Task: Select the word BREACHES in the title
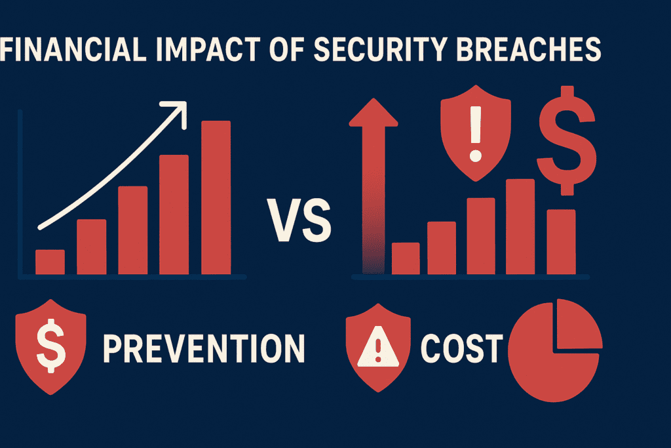click(x=529, y=49)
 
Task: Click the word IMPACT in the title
click(x=208, y=49)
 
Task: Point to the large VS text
click(x=299, y=220)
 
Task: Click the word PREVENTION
click(x=204, y=348)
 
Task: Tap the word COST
click(x=462, y=348)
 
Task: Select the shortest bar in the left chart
click(x=50, y=262)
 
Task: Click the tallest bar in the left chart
click(x=216, y=197)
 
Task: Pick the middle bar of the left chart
click(x=133, y=230)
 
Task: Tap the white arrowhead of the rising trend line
click(x=178, y=110)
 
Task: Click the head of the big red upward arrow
click(x=374, y=112)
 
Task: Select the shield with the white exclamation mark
click(x=476, y=132)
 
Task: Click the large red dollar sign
click(x=567, y=140)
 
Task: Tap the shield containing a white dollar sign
click(x=50, y=347)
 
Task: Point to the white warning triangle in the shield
click(x=378, y=346)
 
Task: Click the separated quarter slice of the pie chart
click(x=579, y=324)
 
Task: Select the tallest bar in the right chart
click(x=520, y=226)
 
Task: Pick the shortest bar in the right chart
click(x=406, y=258)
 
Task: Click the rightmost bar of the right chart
click(x=561, y=242)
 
